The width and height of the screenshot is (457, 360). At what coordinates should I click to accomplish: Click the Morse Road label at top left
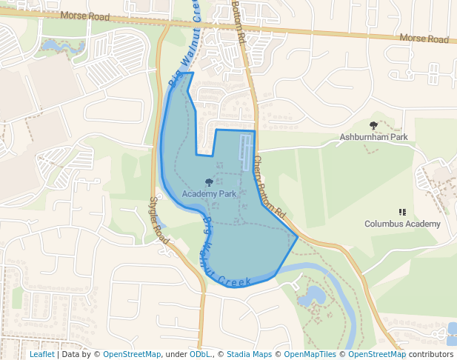pos(84,15)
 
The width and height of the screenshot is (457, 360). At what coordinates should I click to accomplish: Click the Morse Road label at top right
pos(424,38)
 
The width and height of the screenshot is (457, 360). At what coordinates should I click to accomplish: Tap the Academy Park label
pos(209,193)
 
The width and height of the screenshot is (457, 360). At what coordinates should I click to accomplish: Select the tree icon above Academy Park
pos(209,181)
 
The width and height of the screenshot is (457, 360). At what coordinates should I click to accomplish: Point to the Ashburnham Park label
pos(373,137)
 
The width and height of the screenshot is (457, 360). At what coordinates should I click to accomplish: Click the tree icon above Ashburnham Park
pos(373,125)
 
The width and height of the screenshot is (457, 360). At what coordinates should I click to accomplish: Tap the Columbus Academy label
pos(402,224)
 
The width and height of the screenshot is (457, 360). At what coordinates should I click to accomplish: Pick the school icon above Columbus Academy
pos(402,212)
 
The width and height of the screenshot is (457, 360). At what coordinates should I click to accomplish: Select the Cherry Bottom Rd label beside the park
pos(268,185)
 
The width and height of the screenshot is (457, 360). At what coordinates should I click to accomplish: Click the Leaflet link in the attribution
pos(41,354)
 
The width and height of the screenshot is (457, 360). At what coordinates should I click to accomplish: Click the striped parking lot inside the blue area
pos(245,152)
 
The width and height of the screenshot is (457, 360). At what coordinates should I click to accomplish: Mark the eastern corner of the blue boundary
pos(298,237)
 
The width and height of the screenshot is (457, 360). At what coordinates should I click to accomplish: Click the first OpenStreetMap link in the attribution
pos(132,354)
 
